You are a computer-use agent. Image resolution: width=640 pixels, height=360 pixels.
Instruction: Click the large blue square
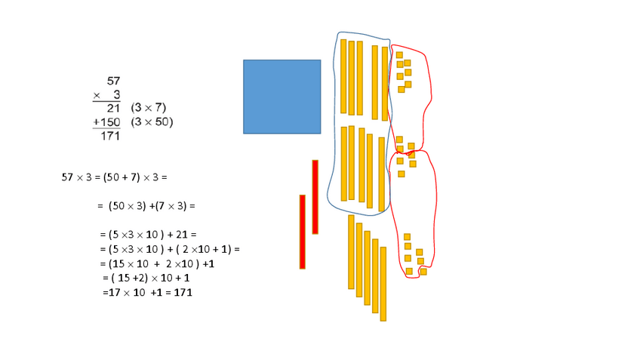coord(282,97)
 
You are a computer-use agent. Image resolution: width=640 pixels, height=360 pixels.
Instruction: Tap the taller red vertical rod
coord(315,196)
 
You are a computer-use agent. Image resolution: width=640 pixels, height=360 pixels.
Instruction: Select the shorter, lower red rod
coord(303,232)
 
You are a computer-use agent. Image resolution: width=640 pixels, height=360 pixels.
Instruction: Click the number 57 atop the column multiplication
coord(114,80)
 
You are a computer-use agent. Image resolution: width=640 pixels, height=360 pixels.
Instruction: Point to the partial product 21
coord(113,107)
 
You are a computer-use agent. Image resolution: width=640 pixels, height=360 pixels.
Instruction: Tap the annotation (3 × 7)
coord(148,107)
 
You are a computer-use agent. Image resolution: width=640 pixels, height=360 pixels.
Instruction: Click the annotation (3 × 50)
coord(151,122)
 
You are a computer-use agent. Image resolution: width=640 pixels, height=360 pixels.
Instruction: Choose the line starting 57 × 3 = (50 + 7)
coord(113,178)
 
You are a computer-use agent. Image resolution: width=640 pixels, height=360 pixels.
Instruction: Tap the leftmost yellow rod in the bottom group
coord(351,252)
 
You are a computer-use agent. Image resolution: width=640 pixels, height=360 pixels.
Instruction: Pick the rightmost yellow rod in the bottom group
coord(383,284)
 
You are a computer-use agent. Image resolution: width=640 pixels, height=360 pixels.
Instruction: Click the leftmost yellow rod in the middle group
coord(344,164)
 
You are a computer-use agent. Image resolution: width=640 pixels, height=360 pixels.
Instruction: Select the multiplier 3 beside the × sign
coord(116,94)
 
